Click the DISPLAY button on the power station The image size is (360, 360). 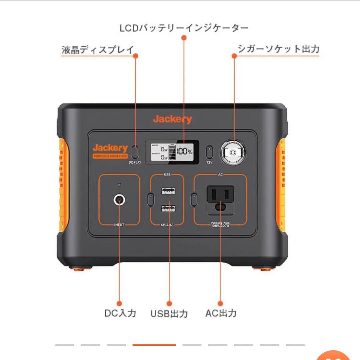(135, 152)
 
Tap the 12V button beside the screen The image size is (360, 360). (209, 152)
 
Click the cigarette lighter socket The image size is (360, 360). (233, 152)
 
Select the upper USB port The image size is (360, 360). (168, 191)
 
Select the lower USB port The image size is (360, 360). (168, 209)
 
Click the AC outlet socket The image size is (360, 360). (220, 200)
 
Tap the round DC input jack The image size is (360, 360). (119, 200)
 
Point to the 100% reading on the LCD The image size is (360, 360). (184, 152)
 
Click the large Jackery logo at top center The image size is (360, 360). (172, 119)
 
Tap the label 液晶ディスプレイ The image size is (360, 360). (98, 50)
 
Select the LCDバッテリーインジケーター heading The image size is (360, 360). (184, 28)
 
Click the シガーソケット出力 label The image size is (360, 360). (278, 49)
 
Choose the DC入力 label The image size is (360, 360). (120, 313)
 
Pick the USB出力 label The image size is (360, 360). (169, 314)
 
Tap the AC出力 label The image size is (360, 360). (221, 313)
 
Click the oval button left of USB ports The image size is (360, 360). (150, 200)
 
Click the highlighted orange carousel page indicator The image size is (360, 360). (154, 345)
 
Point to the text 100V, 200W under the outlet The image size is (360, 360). (220, 226)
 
